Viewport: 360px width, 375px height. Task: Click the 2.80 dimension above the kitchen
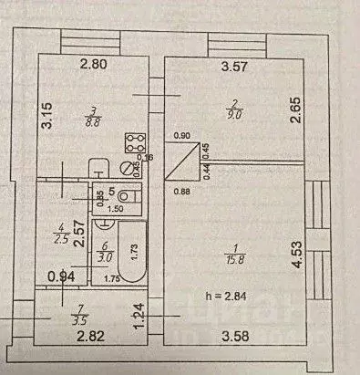click(92, 64)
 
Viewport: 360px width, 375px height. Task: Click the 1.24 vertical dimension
click(139, 315)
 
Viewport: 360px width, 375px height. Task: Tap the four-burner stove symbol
click(136, 143)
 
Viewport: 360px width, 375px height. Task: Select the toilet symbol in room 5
click(127, 195)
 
